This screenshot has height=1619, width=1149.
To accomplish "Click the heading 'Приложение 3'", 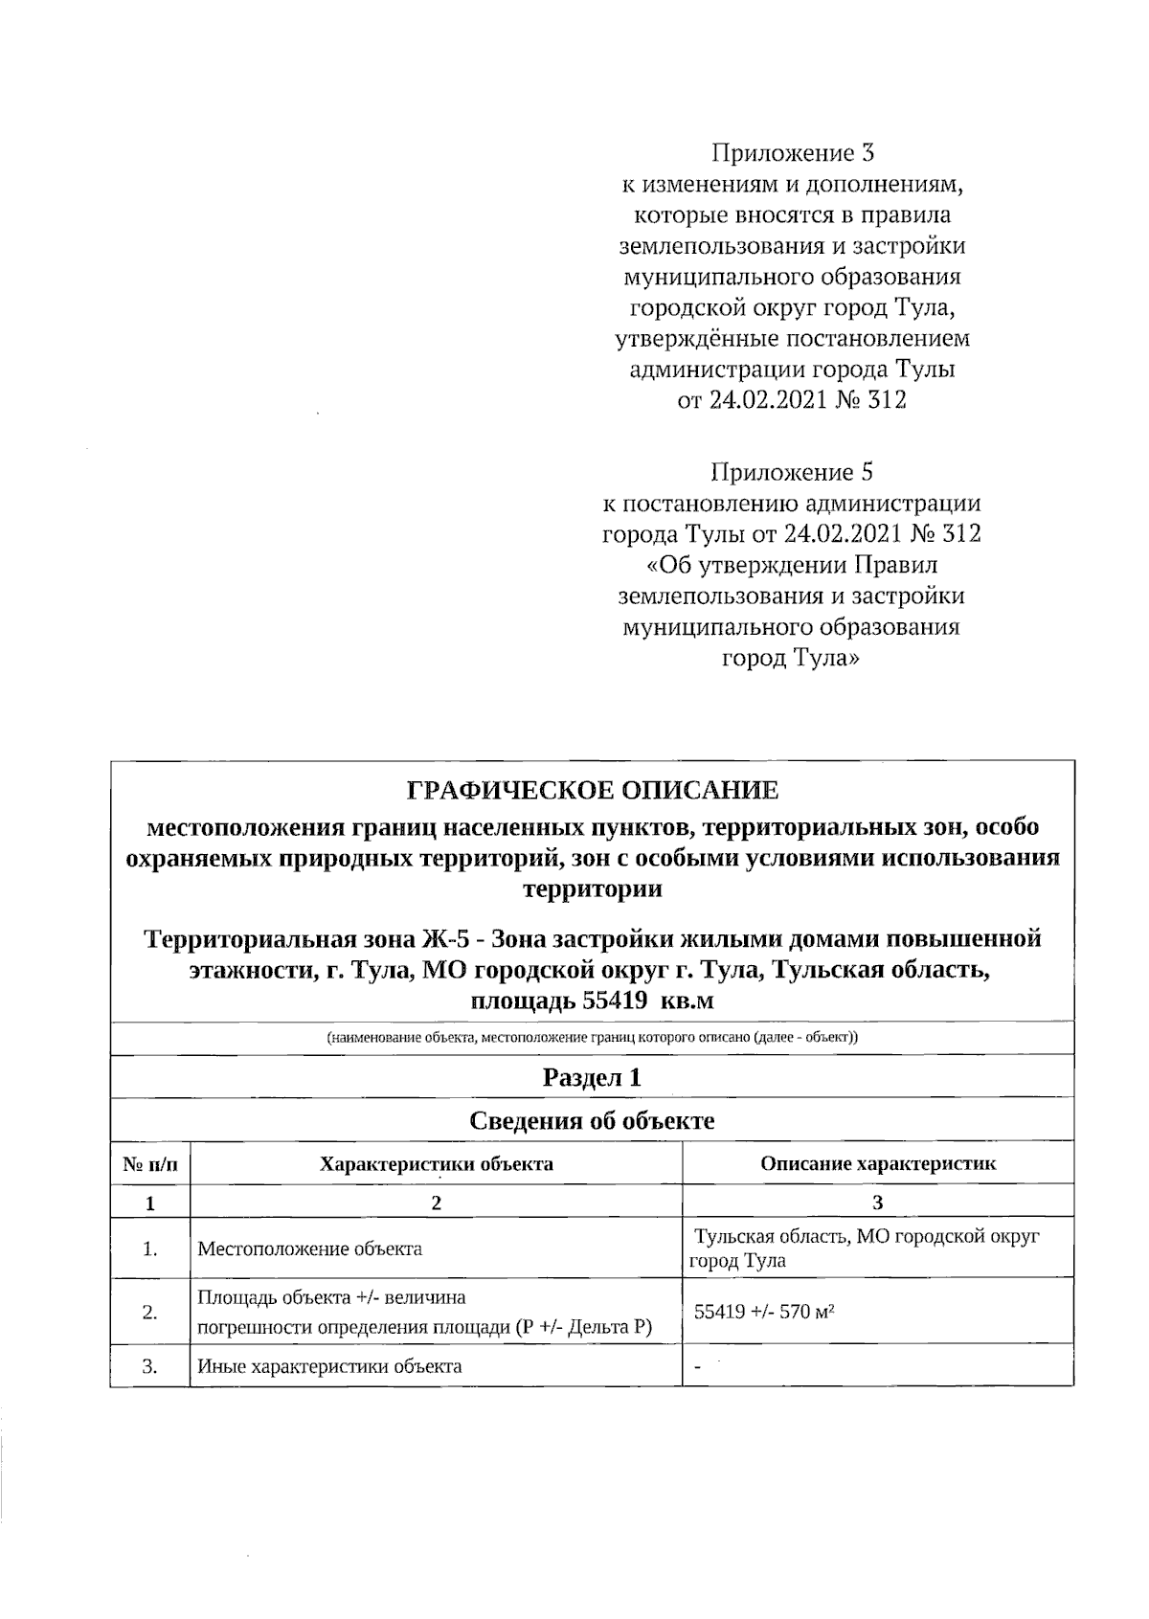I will (x=791, y=153).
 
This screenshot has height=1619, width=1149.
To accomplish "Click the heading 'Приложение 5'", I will (x=791, y=472).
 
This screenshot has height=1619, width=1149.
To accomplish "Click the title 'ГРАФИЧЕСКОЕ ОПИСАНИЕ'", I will (x=593, y=791).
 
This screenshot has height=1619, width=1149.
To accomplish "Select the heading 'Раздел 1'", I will (x=592, y=1077).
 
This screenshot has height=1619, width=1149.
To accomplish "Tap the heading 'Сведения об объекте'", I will (x=592, y=1120).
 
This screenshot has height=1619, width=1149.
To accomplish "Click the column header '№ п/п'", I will (x=150, y=1164).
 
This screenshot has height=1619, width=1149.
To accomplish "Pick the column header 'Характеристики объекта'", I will (x=436, y=1164).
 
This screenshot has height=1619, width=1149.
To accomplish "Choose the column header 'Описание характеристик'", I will (x=877, y=1164).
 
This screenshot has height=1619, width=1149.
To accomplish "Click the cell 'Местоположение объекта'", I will (x=309, y=1248).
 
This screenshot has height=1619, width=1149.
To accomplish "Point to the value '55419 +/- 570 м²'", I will (x=763, y=1313).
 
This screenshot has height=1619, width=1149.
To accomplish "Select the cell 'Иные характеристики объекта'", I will (x=329, y=1366).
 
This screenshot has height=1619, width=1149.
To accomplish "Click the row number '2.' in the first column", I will (x=150, y=1313).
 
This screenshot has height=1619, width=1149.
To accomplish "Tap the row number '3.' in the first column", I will (x=150, y=1366).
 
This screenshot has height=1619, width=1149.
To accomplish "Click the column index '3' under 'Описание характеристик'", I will (x=877, y=1203).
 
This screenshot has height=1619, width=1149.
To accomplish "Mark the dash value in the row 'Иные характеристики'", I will (x=698, y=1367).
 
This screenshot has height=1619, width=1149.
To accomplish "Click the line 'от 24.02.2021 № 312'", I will (x=791, y=400).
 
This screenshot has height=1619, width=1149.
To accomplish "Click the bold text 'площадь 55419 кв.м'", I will (x=592, y=1001).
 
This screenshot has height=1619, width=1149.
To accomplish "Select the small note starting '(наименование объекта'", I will (x=592, y=1038).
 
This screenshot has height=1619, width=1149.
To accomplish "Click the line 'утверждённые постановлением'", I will (x=791, y=338).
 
